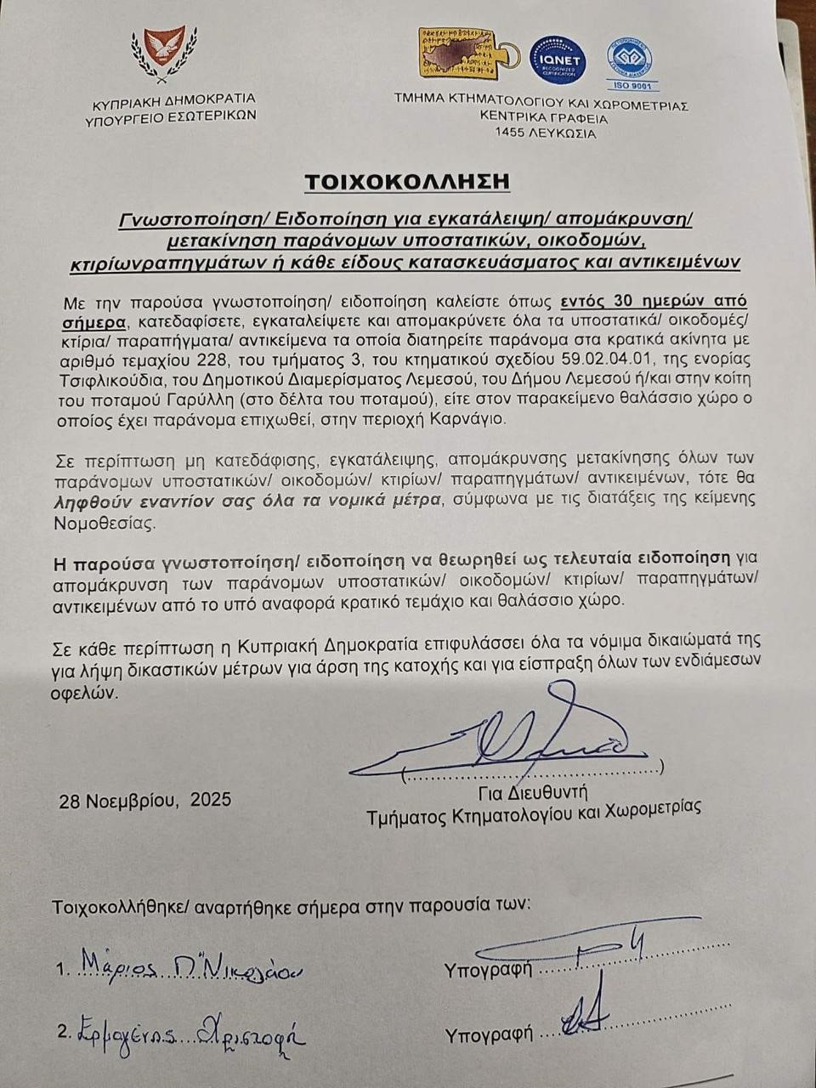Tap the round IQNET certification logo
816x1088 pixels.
tap(558, 60)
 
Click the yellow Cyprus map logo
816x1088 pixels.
tap(462, 54)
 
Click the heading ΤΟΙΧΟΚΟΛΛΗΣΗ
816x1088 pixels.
tap(407, 182)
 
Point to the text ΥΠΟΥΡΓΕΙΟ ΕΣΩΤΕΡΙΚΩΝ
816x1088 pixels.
tap(171, 117)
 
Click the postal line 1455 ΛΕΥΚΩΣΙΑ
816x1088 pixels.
tap(545, 133)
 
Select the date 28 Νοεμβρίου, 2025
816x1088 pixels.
tap(145, 800)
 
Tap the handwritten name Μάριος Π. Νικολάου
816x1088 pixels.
tap(191, 967)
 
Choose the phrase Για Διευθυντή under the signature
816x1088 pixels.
tap(533, 793)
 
